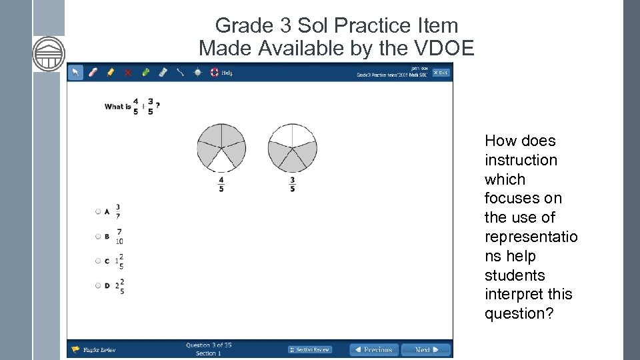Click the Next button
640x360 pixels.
click(x=426, y=349)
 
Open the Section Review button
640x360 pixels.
click(x=310, y=349)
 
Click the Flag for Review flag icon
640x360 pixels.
click(x=76, y=349)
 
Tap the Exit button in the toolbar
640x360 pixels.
click(x=441, y=73)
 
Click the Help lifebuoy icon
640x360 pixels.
click(x=215, y=73)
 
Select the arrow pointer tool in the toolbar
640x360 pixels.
click(x=76, y=73)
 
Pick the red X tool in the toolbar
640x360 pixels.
click(x=128, y=73)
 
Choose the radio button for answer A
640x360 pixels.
click(x=98, y=211)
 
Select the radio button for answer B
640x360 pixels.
click(x=98, y=236)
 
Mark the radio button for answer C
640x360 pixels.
click(x=98, y=261)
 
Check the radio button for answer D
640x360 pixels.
click(x=98, y=285)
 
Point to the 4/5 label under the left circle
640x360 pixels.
click(x=221, y=184)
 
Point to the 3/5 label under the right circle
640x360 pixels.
click(x=292, y=184)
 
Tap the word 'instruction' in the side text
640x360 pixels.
click(x=521, y=160)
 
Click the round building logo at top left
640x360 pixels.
click(x=49, y=53)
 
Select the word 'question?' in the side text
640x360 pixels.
click(x=519, y=313)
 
